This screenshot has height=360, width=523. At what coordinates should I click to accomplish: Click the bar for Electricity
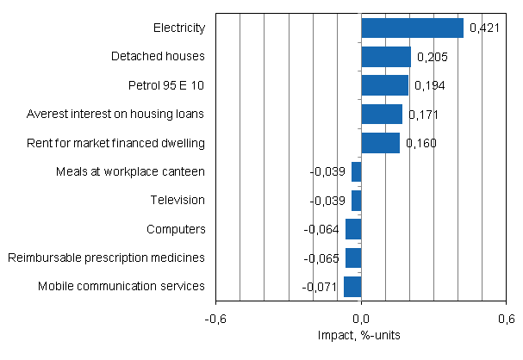click(x=412, y=28)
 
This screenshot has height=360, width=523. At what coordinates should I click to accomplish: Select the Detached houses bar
click(x=386, y=57)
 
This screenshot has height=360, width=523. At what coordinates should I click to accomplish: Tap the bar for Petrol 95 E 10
click(x=384, y=85)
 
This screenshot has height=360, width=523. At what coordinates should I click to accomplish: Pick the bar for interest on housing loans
click(x=382, y=114)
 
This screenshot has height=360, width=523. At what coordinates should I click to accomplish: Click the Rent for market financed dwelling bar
click(x=380, y=142)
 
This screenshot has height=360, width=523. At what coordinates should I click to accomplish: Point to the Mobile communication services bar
click(x=352, y=286)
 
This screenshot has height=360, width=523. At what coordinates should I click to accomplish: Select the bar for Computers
click(x=353, y=229)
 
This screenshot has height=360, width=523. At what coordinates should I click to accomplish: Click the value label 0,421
click(x=483, y=28)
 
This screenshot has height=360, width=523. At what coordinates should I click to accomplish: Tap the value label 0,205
click(x=431, y=57)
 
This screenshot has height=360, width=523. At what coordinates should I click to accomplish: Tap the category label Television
click(x=177, y=200)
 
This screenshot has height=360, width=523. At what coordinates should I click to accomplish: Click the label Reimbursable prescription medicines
click(x=106, y=258)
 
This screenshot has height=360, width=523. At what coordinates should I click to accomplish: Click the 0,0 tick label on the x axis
click(x=361, y=319)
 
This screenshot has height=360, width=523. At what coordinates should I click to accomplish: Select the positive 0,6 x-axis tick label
click(x=506, y=319)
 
